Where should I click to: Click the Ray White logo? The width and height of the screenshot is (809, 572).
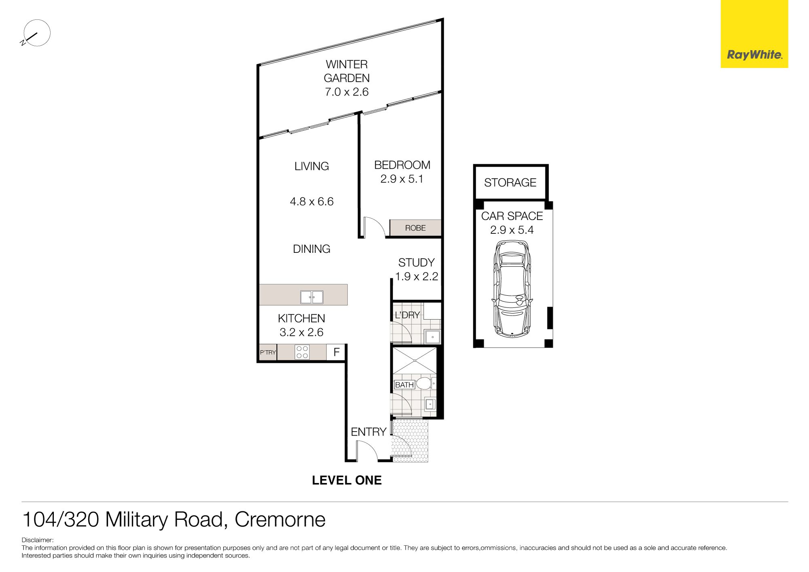tap(754, 34)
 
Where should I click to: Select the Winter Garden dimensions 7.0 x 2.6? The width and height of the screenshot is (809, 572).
tap(347, 92)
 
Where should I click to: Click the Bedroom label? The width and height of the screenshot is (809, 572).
tap(402, 165)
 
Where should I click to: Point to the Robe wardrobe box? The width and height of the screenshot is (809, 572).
tap(415, 228)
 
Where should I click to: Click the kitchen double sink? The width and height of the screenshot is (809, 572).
tap(311, 297)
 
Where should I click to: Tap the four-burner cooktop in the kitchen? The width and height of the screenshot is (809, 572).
tap(302, 352)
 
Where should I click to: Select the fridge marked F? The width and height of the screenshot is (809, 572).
tap(336, 352)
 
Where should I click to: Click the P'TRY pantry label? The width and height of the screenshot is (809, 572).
tap(268, 352)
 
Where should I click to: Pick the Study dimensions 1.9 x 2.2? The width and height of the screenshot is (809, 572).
tap(417, 276)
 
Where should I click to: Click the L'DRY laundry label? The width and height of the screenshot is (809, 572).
tap(407, 315)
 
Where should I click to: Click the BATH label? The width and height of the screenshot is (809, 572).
tap(404, 385)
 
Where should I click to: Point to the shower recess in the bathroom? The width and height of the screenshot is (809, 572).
tap(415, 360)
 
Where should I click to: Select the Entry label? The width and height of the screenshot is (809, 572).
tap(368, 432)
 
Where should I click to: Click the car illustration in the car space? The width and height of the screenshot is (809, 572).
tap(512, 289)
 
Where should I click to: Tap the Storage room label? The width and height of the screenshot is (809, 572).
tap(510, 182)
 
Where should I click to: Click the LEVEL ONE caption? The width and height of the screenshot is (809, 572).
tap(347, 480)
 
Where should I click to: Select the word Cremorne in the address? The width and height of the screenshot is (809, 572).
tap(280, 519)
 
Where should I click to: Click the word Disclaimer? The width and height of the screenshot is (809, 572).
tap(37, 540)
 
